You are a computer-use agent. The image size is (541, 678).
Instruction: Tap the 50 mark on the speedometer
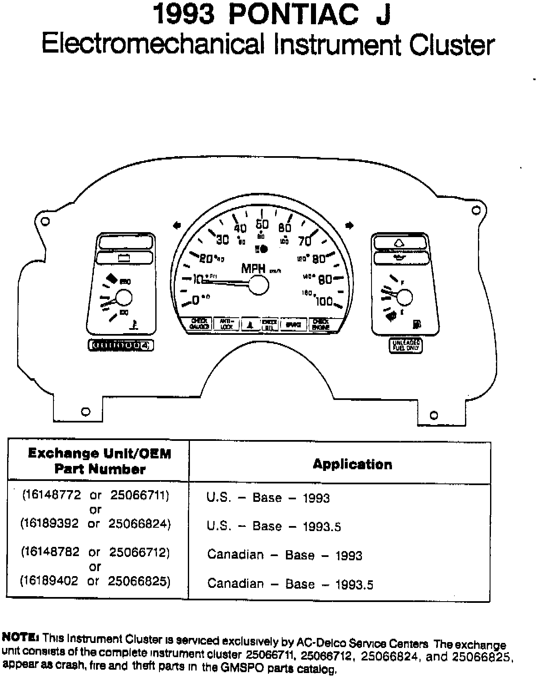(262, 225)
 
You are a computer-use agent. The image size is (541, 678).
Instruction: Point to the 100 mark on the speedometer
(324, 301)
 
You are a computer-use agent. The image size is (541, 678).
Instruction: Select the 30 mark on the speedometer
(223, 240)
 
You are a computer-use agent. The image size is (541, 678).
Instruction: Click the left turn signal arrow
(177, 225)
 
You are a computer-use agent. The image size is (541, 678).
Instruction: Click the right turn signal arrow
(349, 225)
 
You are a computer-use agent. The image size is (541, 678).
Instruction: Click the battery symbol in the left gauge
(124, 258)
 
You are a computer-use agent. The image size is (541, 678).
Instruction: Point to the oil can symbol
(401, 258)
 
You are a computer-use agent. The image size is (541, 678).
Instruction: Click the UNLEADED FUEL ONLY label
(405, 345)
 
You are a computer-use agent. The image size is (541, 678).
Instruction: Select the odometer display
(121, 345)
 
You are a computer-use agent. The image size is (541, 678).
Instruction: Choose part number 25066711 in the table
(139, 495)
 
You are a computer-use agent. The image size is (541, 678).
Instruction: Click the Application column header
(352, 464)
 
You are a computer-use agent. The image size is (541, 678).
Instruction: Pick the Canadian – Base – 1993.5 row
(290, 584)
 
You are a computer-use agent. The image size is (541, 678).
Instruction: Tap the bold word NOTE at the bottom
(20, 637)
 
